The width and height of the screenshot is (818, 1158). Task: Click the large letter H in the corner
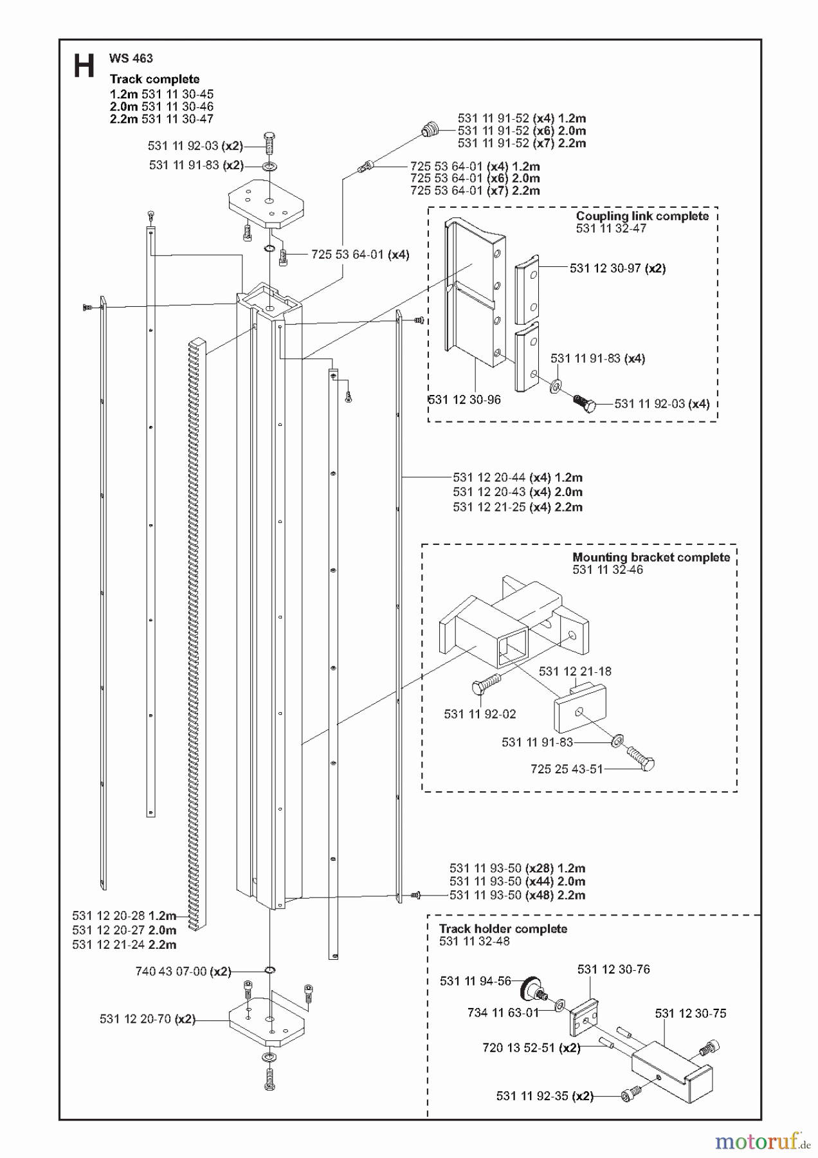(x=84, y=66)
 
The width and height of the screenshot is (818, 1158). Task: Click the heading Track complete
(x=154, y=79)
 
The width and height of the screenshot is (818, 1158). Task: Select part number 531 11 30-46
(x=177, y=107)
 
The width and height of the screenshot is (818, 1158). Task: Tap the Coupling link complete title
(x=642, y=216)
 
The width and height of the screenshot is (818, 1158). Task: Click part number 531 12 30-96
(x=464, y=400)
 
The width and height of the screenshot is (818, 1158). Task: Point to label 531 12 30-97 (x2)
(x=617, y=268)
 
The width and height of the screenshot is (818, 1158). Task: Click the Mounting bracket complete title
(x=651, y=557)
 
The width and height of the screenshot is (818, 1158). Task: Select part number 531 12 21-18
(x=575, y=671)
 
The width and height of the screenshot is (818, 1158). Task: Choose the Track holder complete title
(x=503, y=929)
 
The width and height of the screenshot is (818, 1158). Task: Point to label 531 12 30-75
(x=691, y=1013)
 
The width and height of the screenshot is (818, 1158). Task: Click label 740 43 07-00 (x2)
(x=183, y=971)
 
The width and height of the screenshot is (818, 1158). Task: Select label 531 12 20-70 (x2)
(x=147, y=1019)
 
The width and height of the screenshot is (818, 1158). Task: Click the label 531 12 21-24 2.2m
(x=124, y=944)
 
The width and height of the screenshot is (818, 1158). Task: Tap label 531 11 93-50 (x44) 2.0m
(x=517, y=881)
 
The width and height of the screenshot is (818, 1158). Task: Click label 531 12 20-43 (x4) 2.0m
(x=517, y=492)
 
